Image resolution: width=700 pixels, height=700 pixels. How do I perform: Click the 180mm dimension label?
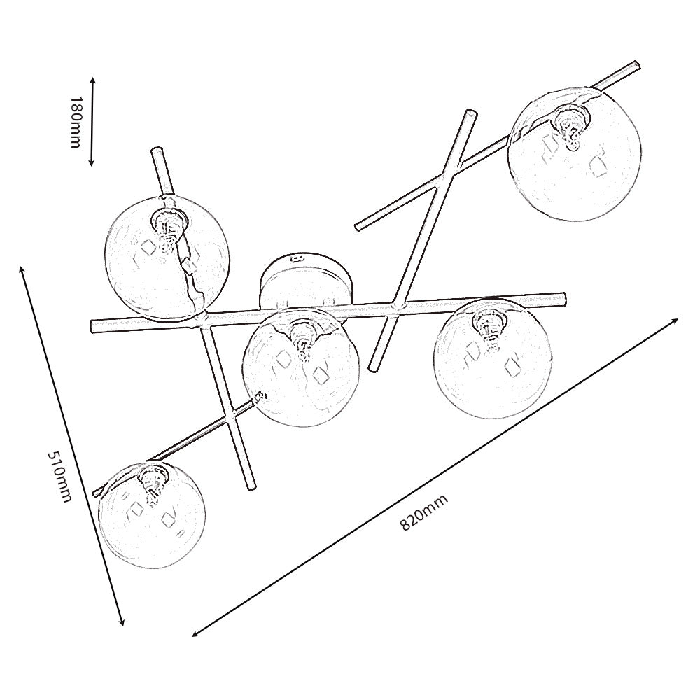point(76,122)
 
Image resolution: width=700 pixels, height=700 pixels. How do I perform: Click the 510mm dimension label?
point(59,476)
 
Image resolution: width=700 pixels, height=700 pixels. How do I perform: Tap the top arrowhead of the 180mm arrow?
point(93,80)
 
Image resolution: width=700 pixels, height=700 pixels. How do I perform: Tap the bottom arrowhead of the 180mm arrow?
point(92,162)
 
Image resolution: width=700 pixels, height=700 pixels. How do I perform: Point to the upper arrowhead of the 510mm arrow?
point(22,270)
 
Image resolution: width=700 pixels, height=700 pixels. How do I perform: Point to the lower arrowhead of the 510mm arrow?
point(121,622)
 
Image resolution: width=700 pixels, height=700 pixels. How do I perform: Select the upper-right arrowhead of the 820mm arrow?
point(673,321)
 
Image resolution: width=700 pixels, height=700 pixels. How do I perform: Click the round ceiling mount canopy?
point(307,281)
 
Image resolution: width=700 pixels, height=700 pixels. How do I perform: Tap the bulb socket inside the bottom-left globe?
point(152,482)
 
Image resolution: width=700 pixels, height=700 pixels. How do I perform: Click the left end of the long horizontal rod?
point(93,326)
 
